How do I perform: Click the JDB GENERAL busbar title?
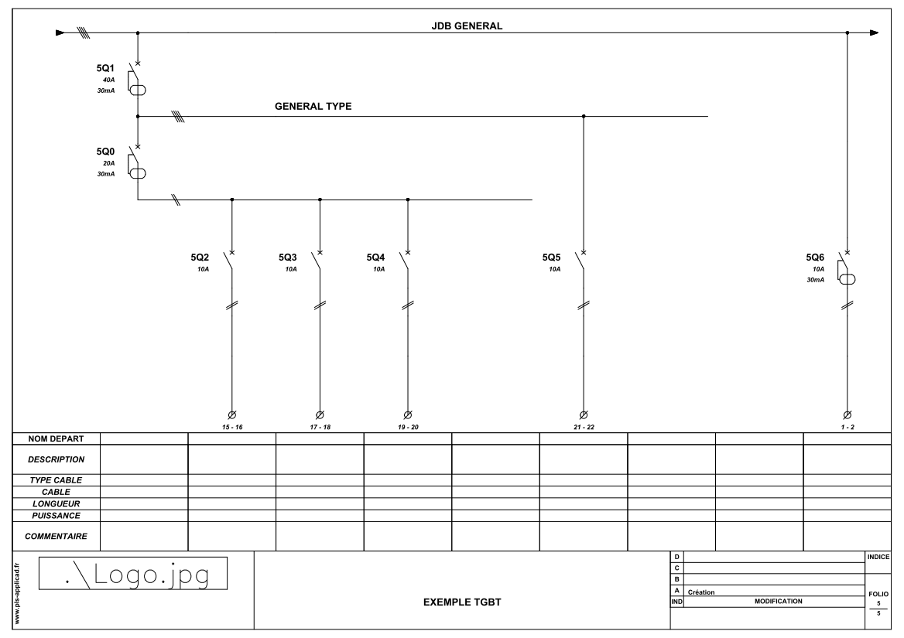pos(467,26)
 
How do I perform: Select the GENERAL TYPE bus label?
pos(313,107)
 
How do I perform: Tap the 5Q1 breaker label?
pos(105,69)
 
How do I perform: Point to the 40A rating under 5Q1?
pos(108,80)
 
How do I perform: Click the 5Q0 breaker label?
pos(105,152)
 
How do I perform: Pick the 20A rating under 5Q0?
pos(108,163)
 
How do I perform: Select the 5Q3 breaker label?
pos(288,258)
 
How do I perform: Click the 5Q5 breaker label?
pos(551,258)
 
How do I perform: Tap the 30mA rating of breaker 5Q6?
pos(815,280)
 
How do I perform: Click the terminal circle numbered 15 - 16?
pos(231,415)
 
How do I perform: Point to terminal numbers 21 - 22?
pos(584,427)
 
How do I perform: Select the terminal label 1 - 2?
pos(847,427)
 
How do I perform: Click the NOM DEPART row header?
pos(56,438)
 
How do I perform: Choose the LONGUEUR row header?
pos(56,504)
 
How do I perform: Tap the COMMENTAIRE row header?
pos(56,536)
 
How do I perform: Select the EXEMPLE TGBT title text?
pos(462,602)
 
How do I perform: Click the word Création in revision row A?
pos(701,592)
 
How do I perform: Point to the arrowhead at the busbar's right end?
pos(874,32)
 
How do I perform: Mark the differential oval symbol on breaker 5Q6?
pos(847,279)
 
